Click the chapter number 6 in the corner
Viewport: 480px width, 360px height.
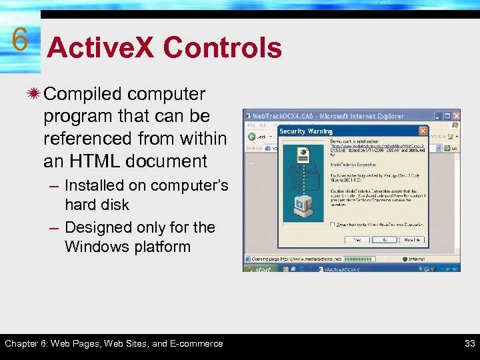[19, 39]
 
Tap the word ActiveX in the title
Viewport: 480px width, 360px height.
[101, 48]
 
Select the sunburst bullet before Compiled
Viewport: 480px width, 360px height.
[33, 94]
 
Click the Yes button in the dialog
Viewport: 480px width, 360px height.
[357, 239]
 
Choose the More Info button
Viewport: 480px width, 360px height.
[412, 239]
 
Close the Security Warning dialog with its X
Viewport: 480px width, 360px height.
[423, 131]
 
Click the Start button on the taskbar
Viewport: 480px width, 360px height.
[259, 269]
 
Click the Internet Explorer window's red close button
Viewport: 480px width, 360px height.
[456, 116]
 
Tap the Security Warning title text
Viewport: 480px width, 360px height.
[306, 131]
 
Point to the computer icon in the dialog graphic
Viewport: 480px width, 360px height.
[303, 207]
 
